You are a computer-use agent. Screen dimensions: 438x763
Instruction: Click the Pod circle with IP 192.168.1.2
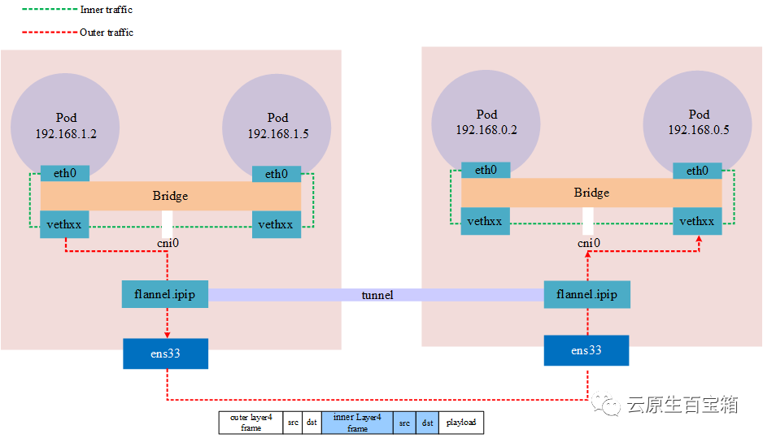tap(65, 125)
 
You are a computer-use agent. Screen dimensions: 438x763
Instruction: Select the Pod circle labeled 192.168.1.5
tap(277, 125)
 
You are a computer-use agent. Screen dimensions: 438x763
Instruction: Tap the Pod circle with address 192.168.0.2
tap(486, 122)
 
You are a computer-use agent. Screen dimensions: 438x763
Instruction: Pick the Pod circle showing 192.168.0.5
tap(698, 122)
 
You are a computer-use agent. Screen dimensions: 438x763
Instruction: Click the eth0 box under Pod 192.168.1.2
tap(65, 174)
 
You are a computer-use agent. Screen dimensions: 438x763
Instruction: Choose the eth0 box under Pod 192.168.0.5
tap(697, 171)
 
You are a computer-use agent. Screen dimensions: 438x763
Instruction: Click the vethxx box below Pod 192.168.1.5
tap(277, 224)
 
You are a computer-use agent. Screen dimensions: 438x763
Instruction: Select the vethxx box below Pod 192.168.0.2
tap(486, 221)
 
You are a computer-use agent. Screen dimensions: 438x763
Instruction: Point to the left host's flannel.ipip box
tap(165, 293)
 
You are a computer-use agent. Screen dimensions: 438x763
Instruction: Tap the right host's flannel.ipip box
tap(586, 295)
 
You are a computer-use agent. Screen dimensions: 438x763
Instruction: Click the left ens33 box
tap(165, 353)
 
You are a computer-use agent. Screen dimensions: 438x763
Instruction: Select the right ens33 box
tap(586, 350)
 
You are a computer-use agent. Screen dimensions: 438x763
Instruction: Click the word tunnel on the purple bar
tap(377, 295)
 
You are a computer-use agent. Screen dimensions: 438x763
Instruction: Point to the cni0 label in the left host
tap(168, 243)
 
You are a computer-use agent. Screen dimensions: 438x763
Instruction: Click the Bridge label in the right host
tap(591, 193)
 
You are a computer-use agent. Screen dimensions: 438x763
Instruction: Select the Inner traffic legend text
tap(106, 10)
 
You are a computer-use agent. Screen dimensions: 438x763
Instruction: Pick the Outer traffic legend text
tap(106, 33)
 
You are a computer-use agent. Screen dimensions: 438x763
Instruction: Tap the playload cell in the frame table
tap(460, 423)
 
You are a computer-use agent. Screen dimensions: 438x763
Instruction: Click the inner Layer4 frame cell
tap(357, 423)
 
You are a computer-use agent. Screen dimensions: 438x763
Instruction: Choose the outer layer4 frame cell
tap(251, 423)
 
